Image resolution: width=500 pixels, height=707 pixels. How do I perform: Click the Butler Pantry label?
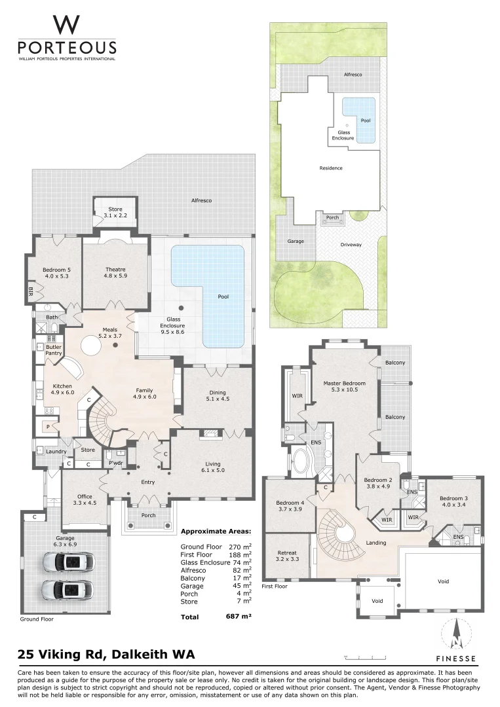click(54, 350)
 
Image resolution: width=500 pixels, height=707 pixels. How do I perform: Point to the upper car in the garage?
click(69, 562)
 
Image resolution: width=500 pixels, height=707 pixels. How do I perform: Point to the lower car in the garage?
click(69, 589)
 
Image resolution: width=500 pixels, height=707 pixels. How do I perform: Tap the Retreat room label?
click(287, 556)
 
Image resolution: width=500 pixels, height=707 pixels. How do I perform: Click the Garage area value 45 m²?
click(242, 586)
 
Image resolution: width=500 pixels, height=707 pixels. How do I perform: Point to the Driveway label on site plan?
click(351, 244)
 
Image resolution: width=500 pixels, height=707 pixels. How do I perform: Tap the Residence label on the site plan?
click(331, 168)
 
